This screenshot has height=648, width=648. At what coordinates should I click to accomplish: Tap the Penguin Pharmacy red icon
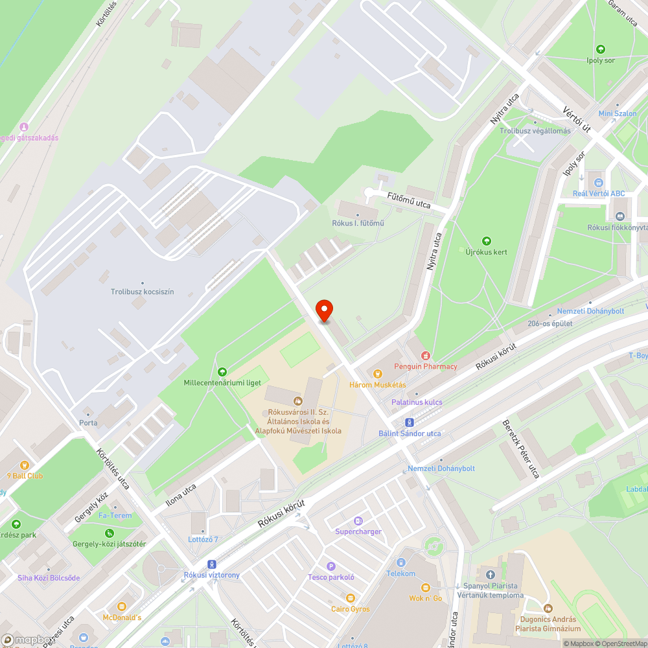click(426, 355)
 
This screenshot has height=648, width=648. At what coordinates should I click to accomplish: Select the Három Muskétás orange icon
click(378, 373)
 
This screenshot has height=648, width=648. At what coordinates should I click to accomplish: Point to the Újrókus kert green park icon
click(487, 241)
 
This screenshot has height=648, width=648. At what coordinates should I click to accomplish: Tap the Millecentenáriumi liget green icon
click(222, 371)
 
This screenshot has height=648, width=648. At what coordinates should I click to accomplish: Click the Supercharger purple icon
click(358, 520)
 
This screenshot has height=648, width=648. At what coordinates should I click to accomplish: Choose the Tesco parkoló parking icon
click(331, 566)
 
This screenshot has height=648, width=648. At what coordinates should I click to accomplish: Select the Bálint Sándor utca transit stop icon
click(410, 422)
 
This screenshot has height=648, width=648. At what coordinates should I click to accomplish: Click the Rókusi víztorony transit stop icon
click(211, 564)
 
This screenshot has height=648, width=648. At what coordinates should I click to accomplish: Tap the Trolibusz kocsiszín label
click(142, 292)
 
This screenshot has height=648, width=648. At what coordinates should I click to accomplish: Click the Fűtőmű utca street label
click(409, 203)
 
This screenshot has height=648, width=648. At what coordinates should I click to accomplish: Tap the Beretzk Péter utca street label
click(521, 449)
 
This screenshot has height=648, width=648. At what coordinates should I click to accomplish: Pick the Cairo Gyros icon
click(351, 598)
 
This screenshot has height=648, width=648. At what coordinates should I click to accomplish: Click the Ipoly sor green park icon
click(600, 49)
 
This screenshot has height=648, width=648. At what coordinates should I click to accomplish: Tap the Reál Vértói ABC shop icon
click(598, 182)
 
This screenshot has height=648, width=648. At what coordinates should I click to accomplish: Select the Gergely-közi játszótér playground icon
click(110, 533)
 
